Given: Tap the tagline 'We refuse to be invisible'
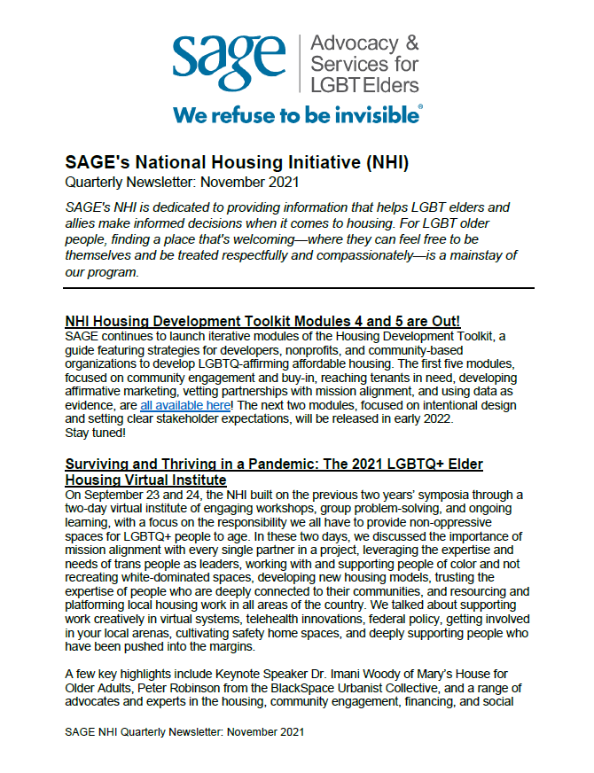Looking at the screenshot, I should pos(297,114).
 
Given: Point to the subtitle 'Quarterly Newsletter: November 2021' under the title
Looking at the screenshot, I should pos(183,182).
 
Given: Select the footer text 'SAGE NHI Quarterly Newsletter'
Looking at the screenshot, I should pos(160,732).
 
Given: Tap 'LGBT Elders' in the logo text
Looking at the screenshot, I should pos(364,84).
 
